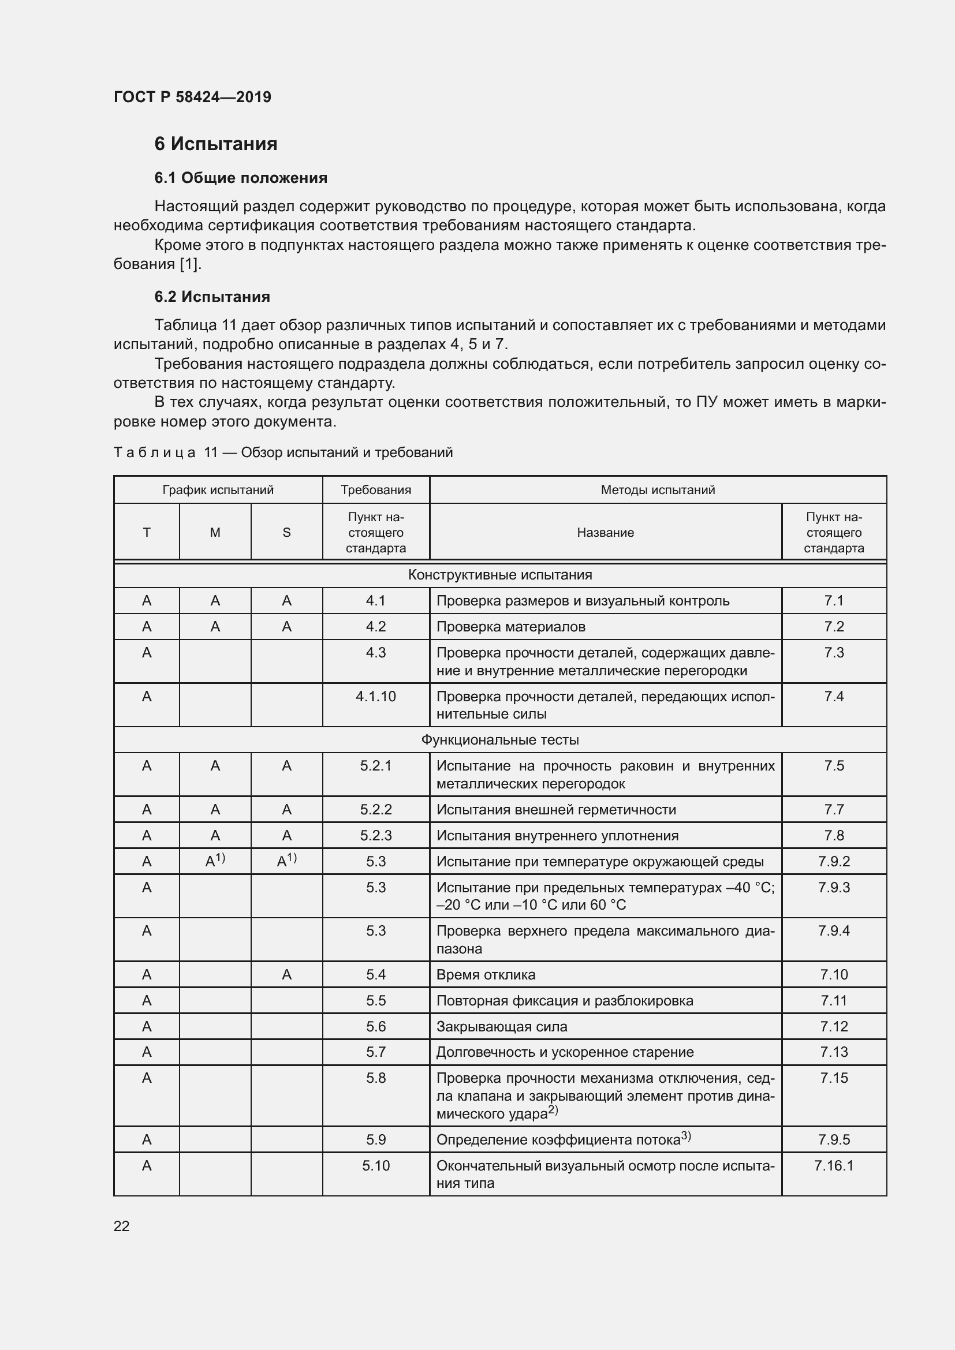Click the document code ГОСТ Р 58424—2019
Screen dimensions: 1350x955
[x=192, y=97]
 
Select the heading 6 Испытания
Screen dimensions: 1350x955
[x=216, y=144]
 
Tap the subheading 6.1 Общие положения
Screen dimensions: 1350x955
[x=241, y=178]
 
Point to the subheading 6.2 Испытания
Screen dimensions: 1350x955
[x=212, y=296]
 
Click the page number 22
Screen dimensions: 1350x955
[x=121, y=1226]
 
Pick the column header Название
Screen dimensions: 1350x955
[x=605, y=533]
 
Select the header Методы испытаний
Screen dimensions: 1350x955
[x=658, y=490]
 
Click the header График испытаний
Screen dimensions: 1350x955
[x=218, y=490]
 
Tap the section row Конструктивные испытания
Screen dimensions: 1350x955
[x=500, y=575]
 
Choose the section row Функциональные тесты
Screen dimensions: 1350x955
[x=500, y=740]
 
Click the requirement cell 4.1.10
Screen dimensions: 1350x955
[x=376, y=697]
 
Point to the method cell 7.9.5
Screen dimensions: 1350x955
[x=833, y=1139]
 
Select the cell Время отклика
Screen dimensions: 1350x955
[x=486, y=975]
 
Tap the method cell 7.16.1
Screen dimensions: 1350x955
[x=833, y=1165]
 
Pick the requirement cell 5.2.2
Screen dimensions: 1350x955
[x=376, y=810]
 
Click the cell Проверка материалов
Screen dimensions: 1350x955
[x=510, y=627]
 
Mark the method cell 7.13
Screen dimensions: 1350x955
[x=833, y=1052]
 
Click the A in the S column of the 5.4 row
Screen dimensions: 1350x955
[x=286, y=975]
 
